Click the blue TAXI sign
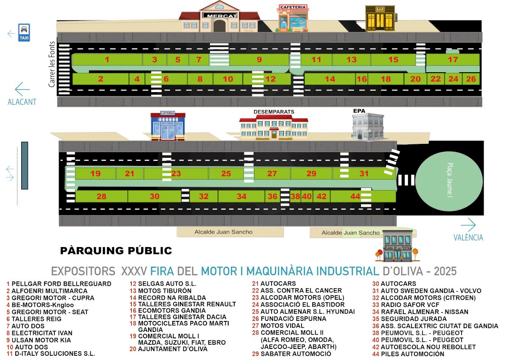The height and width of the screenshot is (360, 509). [x=24, y=33]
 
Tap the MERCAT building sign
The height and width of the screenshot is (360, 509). [x=220, y=15]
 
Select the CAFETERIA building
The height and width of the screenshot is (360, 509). [x=292, y=18]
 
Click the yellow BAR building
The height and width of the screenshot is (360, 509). [x=380, y=18]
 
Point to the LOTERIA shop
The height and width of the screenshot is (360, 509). [x=168, y=126]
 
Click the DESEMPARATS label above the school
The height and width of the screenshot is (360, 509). [x=274, y=112]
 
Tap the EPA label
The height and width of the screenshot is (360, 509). [x=359, y=111]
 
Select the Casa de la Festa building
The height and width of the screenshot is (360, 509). [x=398, y=246]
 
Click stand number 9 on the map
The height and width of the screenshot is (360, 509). [x=259, y=59]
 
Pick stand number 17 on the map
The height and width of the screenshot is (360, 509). [x=453, y=59]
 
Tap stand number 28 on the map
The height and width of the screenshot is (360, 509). [x=101, y=197]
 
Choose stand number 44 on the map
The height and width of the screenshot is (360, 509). [x=355, y=196]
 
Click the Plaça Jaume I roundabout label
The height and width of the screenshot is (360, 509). [x=450, y=180]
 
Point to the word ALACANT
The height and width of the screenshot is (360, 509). [x=22, y=102]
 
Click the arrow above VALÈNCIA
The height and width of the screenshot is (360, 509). [x=468, y=225]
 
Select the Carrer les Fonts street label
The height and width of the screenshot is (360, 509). [x=52, y=64]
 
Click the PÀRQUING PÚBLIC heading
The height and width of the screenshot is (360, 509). [x=116, y=250]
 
